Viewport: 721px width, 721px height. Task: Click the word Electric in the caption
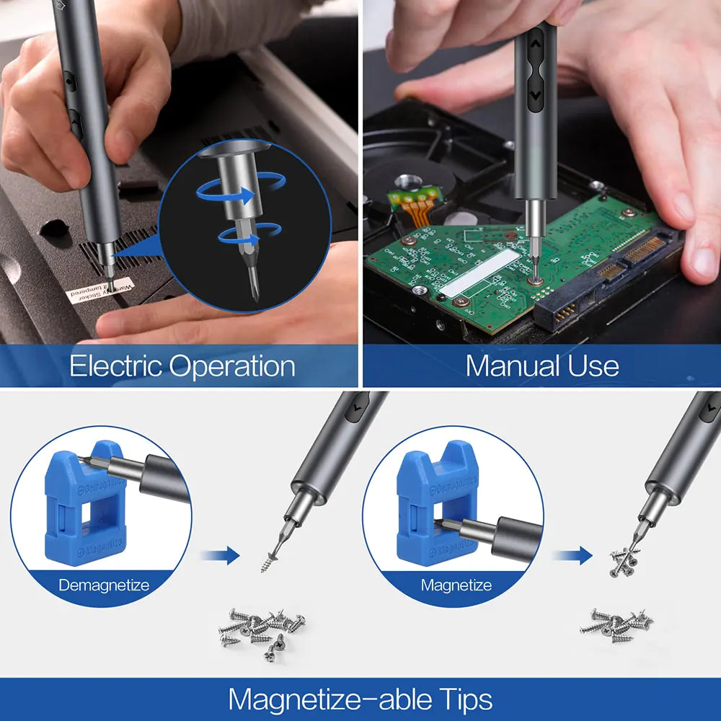(x=115, y=366)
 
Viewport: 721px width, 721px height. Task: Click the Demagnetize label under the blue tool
(x=104, y=585)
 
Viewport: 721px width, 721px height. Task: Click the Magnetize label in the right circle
(x=456, y=585)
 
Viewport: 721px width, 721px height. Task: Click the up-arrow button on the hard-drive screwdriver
(x=535, y=44)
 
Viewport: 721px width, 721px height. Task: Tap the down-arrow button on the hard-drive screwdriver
(x=535, y=94)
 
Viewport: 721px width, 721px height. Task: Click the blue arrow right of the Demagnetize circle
(x=220, y=555)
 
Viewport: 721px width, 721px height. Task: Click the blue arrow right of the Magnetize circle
(x=572, y=555)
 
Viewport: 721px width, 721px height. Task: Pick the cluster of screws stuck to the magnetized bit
(x=625, y=561)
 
